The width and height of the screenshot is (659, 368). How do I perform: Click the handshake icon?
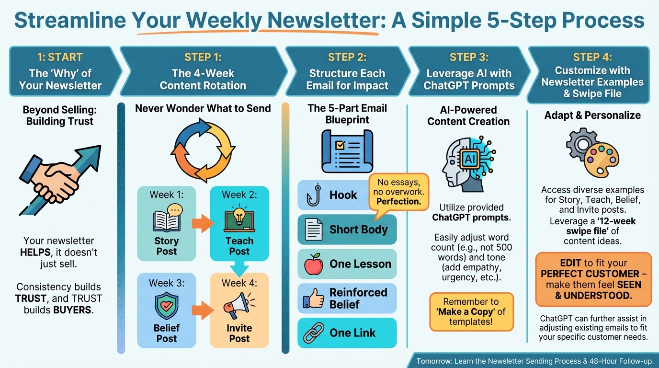(56, 183)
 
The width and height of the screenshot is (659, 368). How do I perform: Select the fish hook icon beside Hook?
(314, 195)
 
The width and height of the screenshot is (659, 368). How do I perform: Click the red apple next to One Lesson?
(314, 264)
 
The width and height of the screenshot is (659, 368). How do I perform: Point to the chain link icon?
(314, 333)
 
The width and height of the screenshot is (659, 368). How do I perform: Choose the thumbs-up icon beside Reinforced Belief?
(314, 299)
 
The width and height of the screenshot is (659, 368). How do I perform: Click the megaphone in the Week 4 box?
(239, 306)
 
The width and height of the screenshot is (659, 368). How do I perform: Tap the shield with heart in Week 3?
(167, 306)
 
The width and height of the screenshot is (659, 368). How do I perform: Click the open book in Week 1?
(166, 221)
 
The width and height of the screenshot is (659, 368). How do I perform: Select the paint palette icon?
(602, 162)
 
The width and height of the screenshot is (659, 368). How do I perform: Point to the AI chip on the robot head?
(469, 159)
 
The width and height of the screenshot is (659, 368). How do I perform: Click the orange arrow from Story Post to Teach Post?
(203, 223)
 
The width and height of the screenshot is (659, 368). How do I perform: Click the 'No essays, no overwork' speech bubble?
(398, 192)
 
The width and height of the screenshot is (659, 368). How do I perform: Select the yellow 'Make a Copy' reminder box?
(471, 312)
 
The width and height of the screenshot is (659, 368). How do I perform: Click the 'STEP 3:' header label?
(469, 57)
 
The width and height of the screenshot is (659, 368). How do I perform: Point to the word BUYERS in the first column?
(72, 310)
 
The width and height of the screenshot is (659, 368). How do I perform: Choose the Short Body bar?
(347, 230)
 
